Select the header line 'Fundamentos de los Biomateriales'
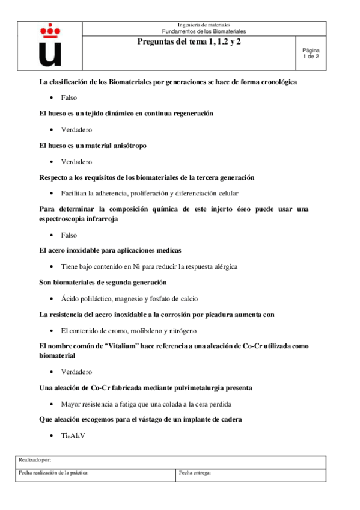pyautogui.click(x=204, y=31)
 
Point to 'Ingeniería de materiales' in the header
pyautogui.click(x=204, y=25)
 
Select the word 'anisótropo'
pyautogui.click(x=126, y=146)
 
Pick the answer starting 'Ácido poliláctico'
pyautogui.click(x=129, y=298)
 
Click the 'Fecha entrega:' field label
pyautogui.click(x=195, y=473)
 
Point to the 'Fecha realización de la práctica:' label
pyautogui.click(x=54, y=473)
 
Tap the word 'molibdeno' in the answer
pyautogui.click(x=144, y=331)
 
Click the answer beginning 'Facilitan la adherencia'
pyautogui.click(x=150, y=193)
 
